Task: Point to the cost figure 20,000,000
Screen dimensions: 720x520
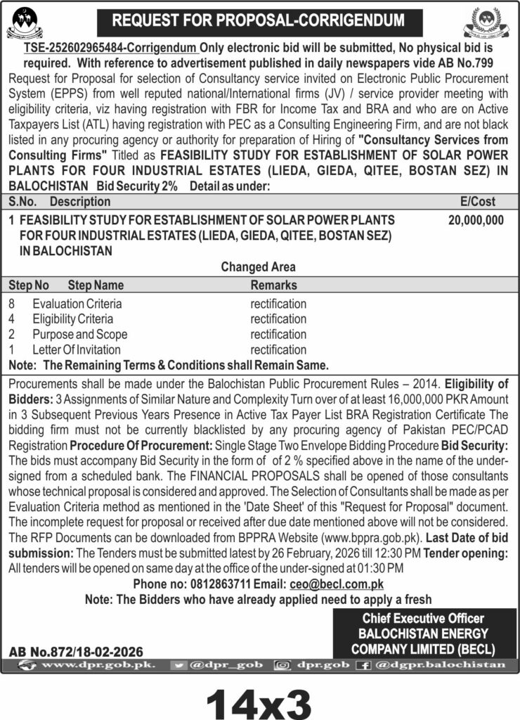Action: point(476,220)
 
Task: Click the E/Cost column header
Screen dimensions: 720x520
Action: point(479,201)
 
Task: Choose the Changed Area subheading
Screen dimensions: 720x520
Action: point(259,267)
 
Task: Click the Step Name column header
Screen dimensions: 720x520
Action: point(96,285)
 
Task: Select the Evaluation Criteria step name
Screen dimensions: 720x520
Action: point(77,304)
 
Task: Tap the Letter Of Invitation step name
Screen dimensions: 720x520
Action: point(76,349)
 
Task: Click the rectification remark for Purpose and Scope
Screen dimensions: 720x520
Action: point(278,334)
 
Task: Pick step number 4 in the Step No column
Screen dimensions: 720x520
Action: point(12,319)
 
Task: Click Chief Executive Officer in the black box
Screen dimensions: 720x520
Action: point(423,619)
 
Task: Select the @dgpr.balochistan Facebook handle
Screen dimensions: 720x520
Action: point(440,664)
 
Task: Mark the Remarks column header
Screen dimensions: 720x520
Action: point(273,285)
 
